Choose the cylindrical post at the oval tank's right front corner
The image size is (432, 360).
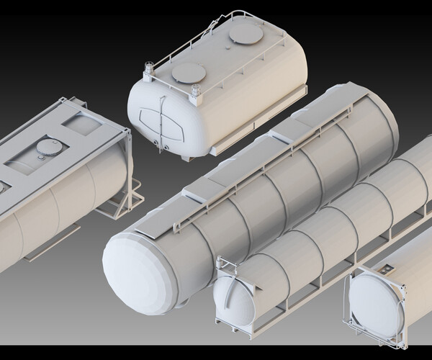(x=195, y=91)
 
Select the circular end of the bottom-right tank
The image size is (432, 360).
(x=374, y=302)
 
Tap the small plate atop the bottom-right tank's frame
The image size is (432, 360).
(x=387, y=269)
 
